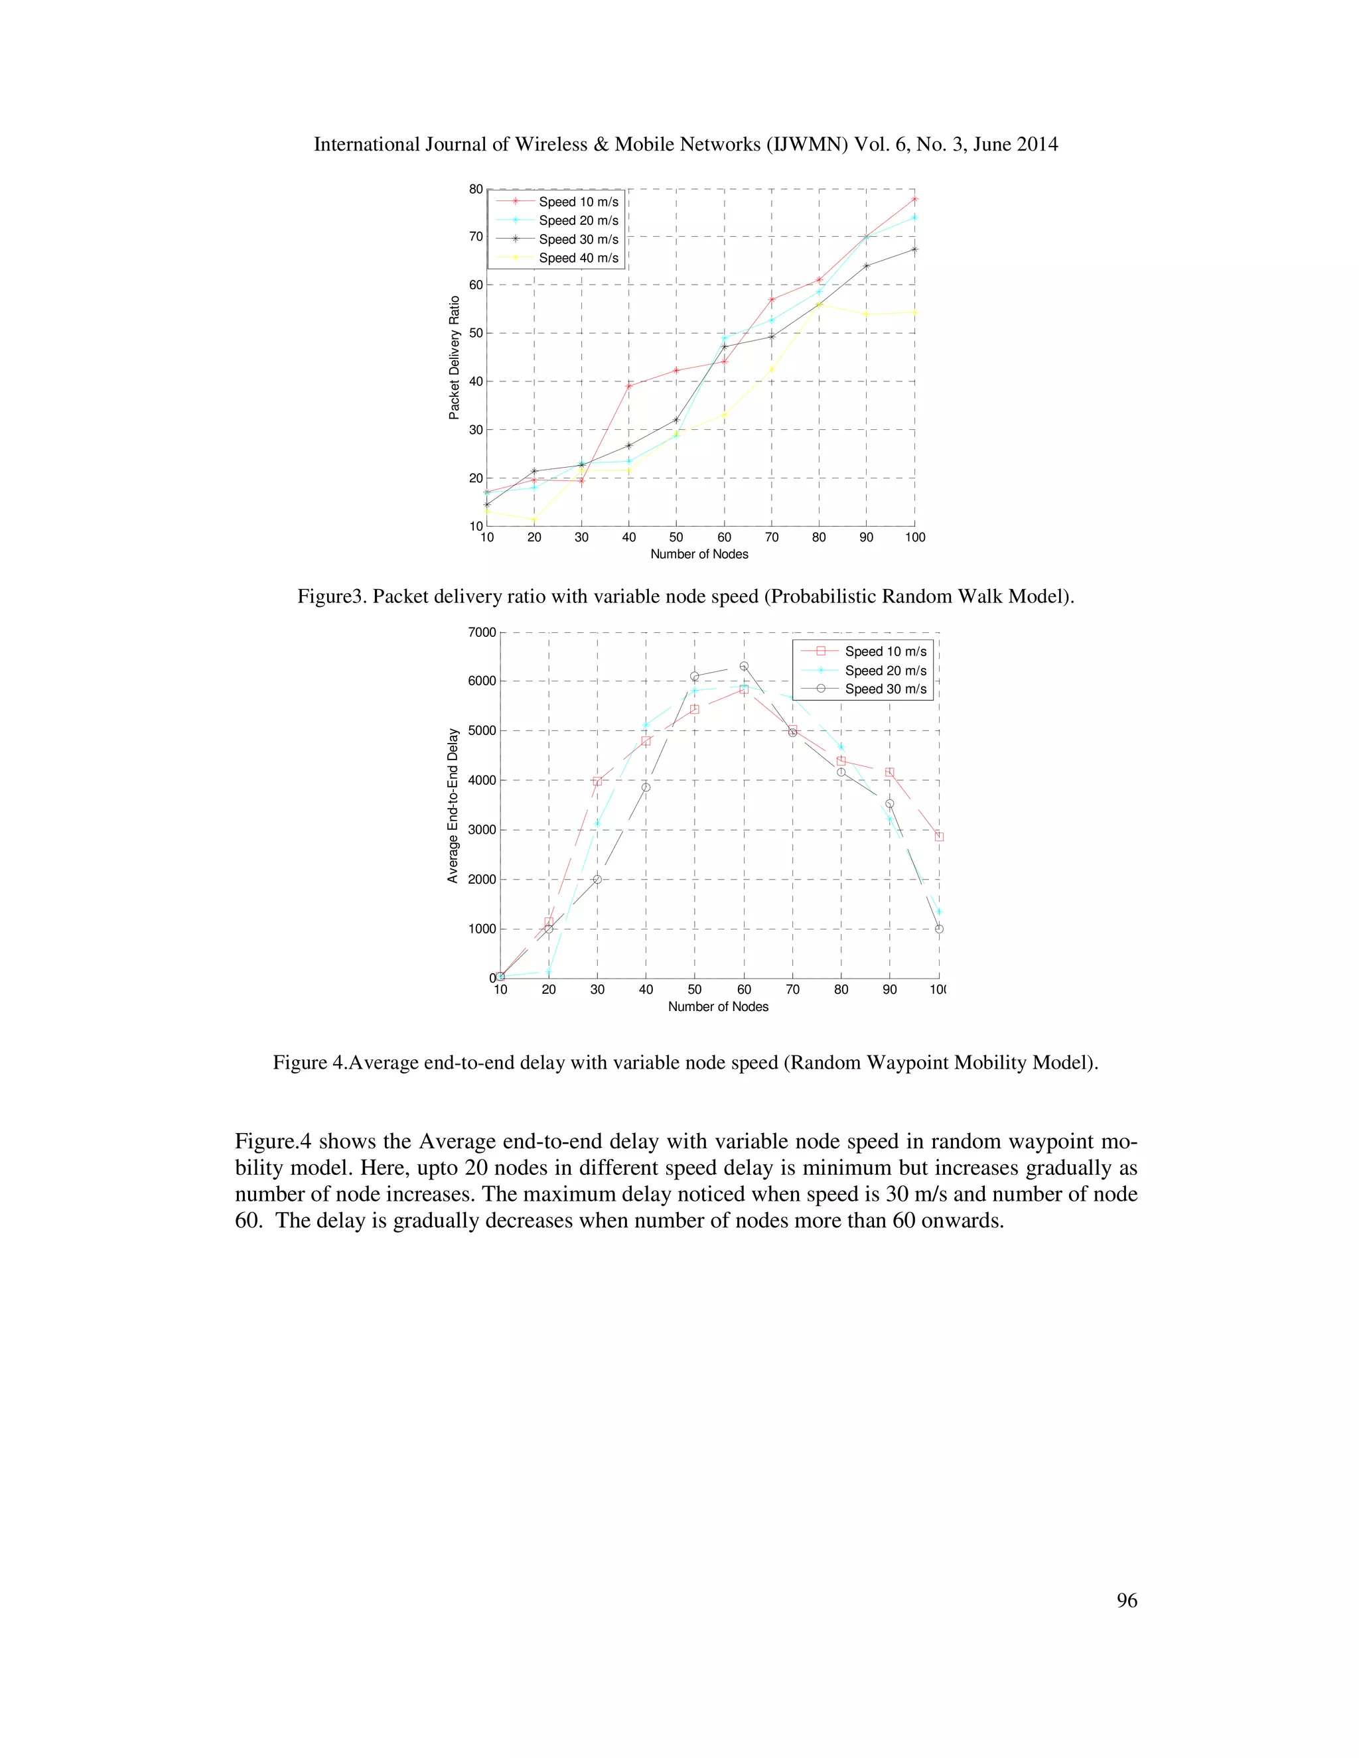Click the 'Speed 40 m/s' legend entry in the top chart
(x=578, y=257)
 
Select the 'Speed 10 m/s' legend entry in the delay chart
(x=885, y=651)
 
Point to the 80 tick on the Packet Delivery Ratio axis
(x=476, y=189)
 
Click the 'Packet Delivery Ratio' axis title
(x=454, y=358)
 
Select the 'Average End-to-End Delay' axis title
(x=453, y=806)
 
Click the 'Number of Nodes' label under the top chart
(x=699, y=554)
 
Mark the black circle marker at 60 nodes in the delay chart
(x=744, y=667)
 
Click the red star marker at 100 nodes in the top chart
(x=914, y=199)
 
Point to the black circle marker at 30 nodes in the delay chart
(x=597, y=879)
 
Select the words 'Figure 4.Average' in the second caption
(x=345, y=1063)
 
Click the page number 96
(x=1126, y=1600)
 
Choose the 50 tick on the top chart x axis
(x=676, y=537)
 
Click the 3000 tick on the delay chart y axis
(x=482, y=830)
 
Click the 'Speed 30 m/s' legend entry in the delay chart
(x=885, y=689)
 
